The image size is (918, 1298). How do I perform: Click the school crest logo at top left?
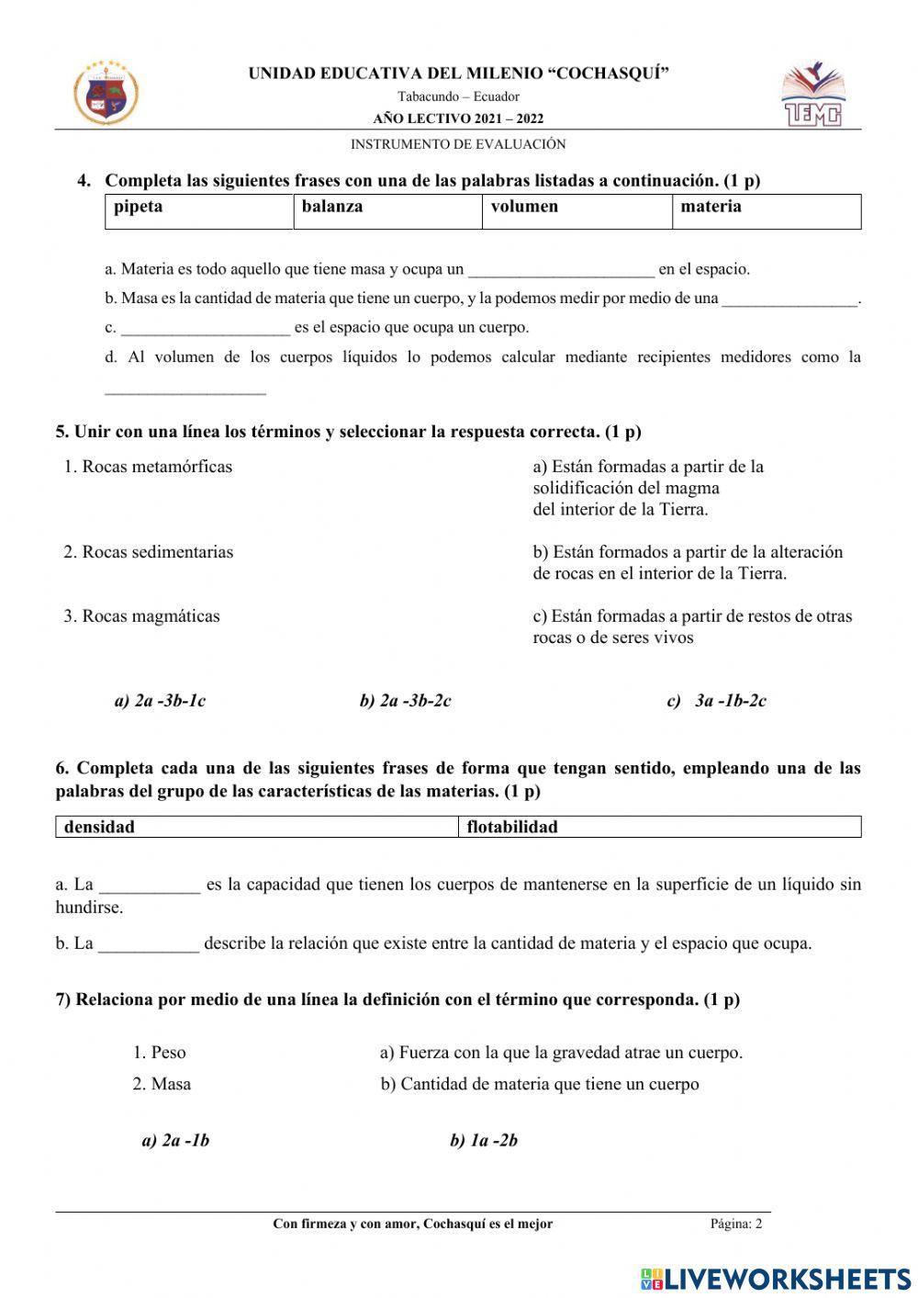pos(106,93)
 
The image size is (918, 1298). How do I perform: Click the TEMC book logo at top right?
pos(812,95)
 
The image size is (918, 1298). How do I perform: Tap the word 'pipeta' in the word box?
pos(138,207)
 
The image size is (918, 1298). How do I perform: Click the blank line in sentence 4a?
pos(561,270)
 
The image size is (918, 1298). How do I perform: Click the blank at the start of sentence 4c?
pos(206,328)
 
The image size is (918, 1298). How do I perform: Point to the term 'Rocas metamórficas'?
pos(148,467)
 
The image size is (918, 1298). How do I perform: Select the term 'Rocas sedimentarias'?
pos(148,552)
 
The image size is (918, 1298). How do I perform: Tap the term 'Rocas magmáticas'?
pos(141,616)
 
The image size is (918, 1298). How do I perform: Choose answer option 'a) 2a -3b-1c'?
pos(160,701)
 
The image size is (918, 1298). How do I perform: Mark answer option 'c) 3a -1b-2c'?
pos(717,701)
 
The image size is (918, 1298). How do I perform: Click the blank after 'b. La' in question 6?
pos(148,944)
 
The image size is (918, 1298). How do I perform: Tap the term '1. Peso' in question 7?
pos(159,1053)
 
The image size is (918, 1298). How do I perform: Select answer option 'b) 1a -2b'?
pos(484,1141)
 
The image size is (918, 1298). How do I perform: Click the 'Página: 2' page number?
pos(735,1224)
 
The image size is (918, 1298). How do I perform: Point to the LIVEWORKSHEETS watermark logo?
pos(776,1279)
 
